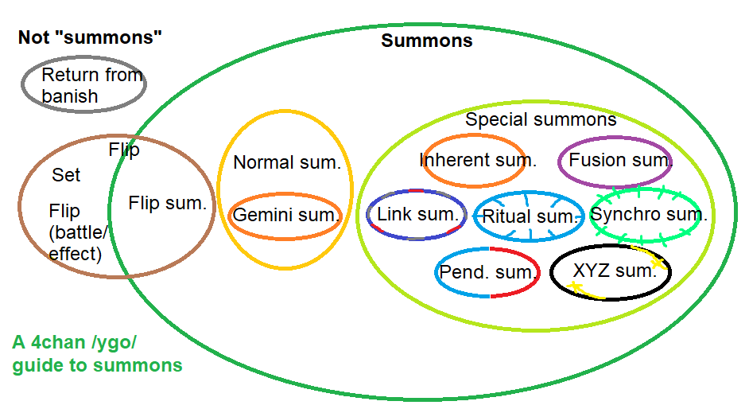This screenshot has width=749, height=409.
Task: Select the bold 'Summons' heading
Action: tap(427, 41)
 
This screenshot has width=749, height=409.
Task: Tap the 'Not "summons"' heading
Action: tap(90, 37)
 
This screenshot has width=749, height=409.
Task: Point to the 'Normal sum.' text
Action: tap(286, 163)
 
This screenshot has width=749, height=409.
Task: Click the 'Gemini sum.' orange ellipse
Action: tap(286, 215)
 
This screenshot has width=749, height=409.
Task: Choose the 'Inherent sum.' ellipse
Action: tap(475, 160)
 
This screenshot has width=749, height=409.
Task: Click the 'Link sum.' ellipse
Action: tap(417, 214)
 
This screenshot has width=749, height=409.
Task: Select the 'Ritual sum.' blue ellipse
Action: tap(528, 216)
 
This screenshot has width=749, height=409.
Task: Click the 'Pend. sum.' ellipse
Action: tap(487, 272)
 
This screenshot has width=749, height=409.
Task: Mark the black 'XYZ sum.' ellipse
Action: tap(611, 271)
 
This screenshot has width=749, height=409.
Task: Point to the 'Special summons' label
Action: tap(540, 119)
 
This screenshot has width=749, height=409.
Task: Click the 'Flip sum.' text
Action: tap(167, 204)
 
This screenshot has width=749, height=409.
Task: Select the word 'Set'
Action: tap(66, 175)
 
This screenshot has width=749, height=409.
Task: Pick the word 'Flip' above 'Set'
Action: tap(123, 150)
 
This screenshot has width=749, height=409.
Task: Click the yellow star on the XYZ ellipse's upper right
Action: tap(658, 262)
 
